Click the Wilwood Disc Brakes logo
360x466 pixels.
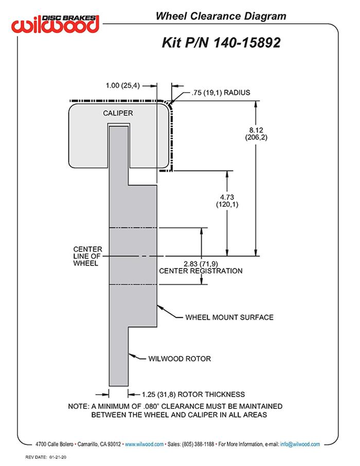[x=56, y=23]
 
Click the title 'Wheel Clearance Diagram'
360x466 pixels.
[x=221, y=16]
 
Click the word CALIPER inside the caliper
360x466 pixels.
[x=118, y=113]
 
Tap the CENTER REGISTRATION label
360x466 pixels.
[x=201, y=271]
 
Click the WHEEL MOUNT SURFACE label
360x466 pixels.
[x=229, y=317]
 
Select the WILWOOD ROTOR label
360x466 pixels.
[x=179, y=359]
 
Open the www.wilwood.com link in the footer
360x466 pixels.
[x=144, y=444]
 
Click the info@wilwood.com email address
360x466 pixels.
[x=300, y=444]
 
